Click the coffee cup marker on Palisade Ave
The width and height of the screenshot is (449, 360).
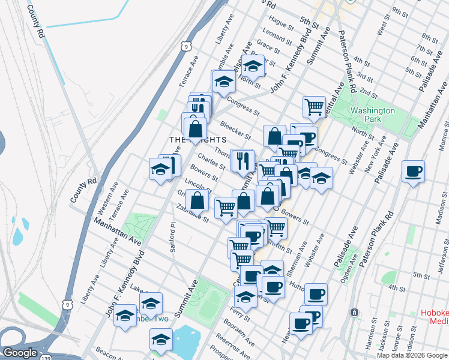point(413,170)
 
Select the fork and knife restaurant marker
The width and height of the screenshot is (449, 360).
point(242,159)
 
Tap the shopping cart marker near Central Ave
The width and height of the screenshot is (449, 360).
point(313,107)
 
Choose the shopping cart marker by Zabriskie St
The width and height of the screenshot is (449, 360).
point(226,207)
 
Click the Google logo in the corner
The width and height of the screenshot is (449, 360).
point(20,353)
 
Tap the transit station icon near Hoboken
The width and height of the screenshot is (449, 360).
point(355,312)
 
